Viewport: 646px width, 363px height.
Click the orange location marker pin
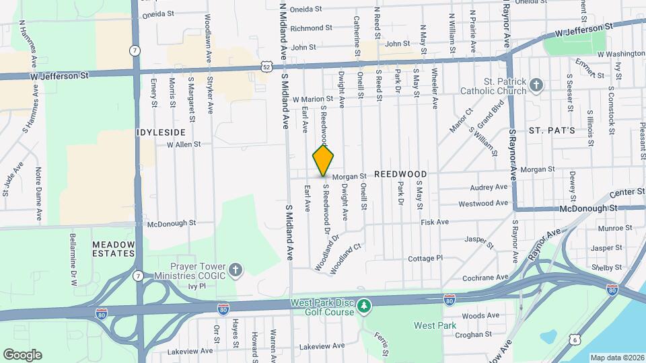tap(324, 160)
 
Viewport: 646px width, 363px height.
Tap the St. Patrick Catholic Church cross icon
tap(536, 85)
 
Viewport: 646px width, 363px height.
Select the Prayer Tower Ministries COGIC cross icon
tap(235, 270)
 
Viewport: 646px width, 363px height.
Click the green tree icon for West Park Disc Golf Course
tap(364, 307)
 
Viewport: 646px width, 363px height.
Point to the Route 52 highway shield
tap(266, 66)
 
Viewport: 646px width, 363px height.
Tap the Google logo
tap(22, 354)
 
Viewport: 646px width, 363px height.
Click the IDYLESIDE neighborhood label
tap(160, 132)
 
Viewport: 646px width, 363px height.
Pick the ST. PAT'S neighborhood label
tap(551, 130)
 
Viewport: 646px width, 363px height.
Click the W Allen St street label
tap(184, 145)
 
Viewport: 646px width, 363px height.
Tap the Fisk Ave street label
tap(434, 222)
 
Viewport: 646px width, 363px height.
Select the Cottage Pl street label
tap(425, 258)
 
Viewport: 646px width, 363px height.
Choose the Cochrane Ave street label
tap(485, 277)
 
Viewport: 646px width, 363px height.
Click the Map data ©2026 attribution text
tap(617, 357)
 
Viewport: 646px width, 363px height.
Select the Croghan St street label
tap(473, 334)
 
